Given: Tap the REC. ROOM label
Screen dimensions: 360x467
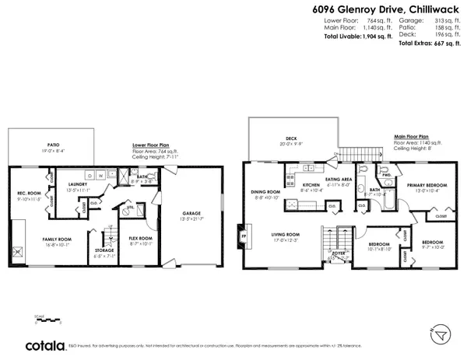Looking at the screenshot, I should [28, 194].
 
